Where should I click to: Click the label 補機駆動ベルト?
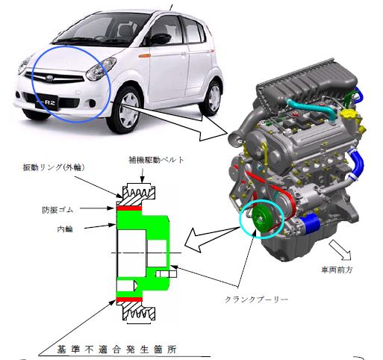[156, 160]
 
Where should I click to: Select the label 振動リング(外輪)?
[54, 167]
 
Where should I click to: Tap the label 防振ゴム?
[57, 210]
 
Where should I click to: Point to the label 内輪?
[65, 229]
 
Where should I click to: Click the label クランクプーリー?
[256, 299]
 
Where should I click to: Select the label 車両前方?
[337, 270]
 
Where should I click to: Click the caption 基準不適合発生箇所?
[116, 350]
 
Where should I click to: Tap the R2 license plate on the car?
[47, 102]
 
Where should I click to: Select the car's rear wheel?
[212, 98]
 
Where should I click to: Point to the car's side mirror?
[161, 39]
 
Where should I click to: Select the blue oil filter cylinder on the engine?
[310, 225]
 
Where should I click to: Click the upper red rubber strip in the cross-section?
[129, 208]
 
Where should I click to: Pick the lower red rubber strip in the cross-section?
[129, 300]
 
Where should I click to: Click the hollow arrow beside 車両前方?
[340, 249]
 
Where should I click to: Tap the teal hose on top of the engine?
[311, 108]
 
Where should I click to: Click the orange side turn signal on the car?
[145, 56]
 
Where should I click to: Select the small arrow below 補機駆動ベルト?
[142, 176]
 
